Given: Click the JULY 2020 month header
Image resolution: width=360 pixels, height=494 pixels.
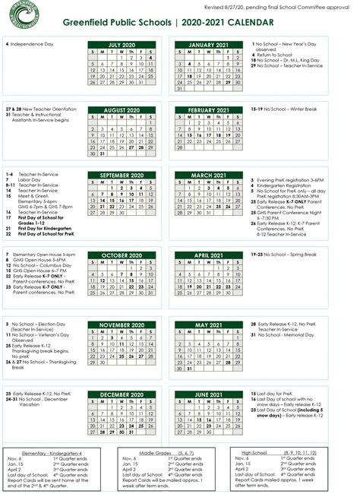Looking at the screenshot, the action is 125,45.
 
